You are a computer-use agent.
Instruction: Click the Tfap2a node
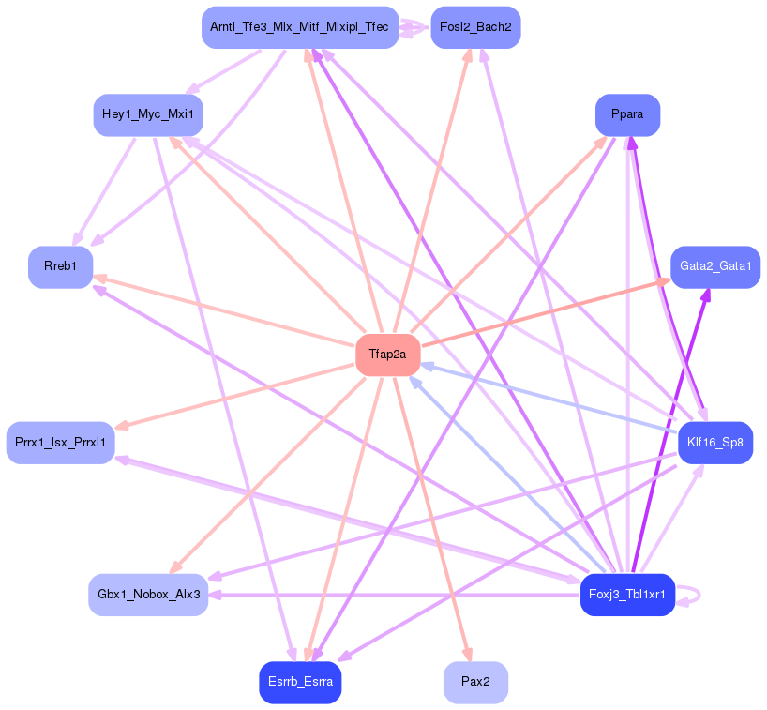pos(387,355)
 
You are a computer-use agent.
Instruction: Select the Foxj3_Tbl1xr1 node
pos(627,595)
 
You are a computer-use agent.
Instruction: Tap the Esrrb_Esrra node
pos(300,682)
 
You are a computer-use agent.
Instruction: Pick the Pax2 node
pos(475,682)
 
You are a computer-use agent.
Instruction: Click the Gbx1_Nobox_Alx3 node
pos(148,595)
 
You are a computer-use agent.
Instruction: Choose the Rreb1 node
pos(60,266)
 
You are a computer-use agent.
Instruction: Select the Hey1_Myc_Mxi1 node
pos(148,114)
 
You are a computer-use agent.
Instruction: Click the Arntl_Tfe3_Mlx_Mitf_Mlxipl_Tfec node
pos(299,27)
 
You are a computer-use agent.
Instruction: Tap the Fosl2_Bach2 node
pos(475,27)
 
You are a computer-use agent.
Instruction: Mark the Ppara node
pos(627,114)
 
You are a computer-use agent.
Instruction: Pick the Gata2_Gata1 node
pos(714,266)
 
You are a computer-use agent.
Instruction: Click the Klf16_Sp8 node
pos(714,442)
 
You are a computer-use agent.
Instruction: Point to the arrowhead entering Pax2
pos(466,656)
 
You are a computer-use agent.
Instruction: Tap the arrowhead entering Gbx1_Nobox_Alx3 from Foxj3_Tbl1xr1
pos(215,595)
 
